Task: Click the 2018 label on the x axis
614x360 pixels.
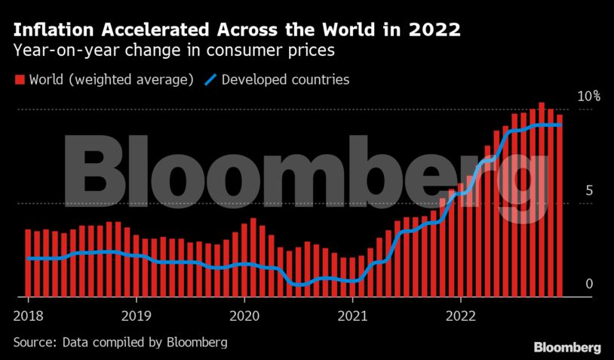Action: pyautogui.click(x=27, y=315)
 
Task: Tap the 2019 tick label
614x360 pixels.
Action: pyautogui.click(x=136, y=315)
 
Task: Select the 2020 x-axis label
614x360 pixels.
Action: pyautogui.click(x=244, y=315)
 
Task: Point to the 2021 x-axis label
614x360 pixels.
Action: pyautogui.click(x=353, y=315)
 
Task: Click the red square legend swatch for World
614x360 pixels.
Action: pyautogui.click(x=20, y=79)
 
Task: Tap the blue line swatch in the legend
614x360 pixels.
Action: pyautogui.click(x=211, y=79)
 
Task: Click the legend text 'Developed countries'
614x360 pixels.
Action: pyautogui.click(x=287, y=79)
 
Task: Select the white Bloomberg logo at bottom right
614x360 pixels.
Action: pyautogui.click(x=567, y=347)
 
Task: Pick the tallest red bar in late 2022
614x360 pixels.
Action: pyautogui.click(x=542, y=200)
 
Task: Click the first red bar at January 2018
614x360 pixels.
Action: pyautogui.click(x=28, y=263)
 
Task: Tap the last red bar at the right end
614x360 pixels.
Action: pyautogui.click(x=560, y=205)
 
